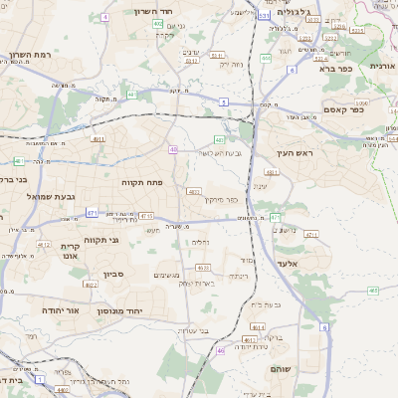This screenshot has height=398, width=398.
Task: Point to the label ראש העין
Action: tap(296, 153)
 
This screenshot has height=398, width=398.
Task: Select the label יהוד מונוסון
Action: tap(121, 311)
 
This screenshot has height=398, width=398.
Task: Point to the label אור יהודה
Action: tap(39, 310)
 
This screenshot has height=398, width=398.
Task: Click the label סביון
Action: tap(110, 272)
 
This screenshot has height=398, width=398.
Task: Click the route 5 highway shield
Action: tap(224, 101)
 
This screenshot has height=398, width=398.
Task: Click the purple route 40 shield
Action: tap(174, 150)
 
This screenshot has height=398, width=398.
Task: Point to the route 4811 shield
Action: tap(19, 160)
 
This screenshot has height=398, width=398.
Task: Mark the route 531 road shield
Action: tap(263, 16)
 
